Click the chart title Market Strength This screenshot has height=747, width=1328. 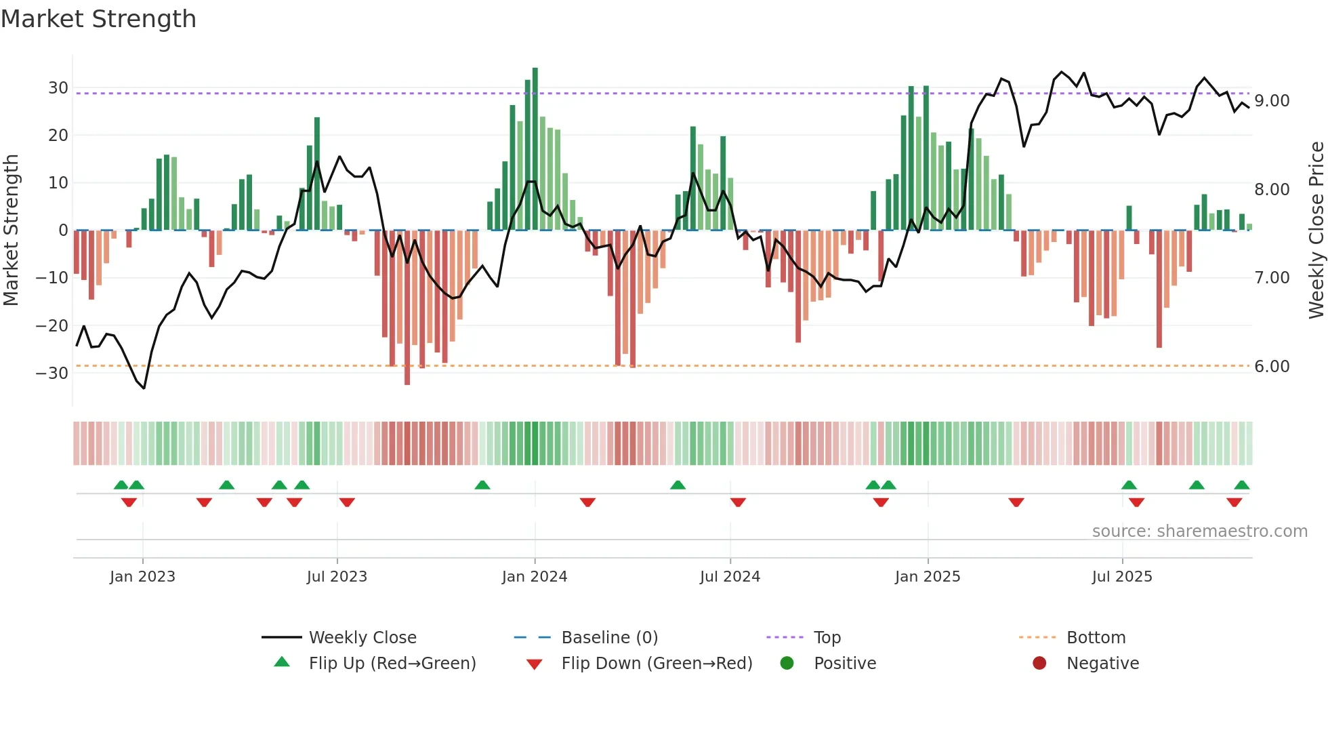point(98,19)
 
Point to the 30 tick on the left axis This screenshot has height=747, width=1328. point(58,88)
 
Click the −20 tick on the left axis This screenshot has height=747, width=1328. point(52,326)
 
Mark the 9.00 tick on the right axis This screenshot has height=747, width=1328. point(1272,101)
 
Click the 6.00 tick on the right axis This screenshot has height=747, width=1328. point(1272,367)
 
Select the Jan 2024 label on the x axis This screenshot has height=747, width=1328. point(535,577)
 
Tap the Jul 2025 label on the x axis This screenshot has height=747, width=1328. point(1122,577)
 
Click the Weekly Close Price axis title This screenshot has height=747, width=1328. point(1316,230)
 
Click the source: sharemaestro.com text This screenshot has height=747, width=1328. point(1199,531)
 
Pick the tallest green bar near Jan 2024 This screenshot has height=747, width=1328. point(535,149)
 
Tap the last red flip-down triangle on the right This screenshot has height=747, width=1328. point(1234,502)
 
